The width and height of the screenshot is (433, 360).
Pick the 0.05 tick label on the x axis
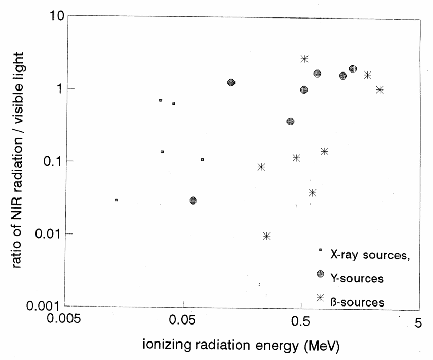[182, 321]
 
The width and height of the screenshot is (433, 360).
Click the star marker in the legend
[320, 298]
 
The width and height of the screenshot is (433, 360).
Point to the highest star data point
[304, 59]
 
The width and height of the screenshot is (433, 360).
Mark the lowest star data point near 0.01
[266, 236]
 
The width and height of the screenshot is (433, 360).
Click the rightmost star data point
[380, 90]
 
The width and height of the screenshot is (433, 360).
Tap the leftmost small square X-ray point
[117, 200]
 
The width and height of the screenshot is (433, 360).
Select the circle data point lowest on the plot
[193, 201]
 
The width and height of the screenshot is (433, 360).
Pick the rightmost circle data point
[353, 69]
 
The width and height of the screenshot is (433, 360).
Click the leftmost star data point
[261, 167]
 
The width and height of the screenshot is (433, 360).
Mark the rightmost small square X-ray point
[203, 160]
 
